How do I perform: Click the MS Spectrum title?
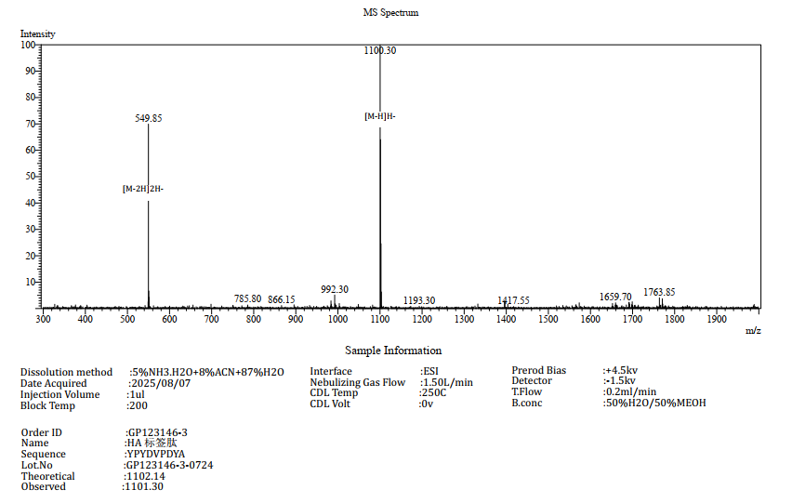coord(390,13)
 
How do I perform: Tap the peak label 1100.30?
coord(380,50)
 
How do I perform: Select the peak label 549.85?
coord(149,118)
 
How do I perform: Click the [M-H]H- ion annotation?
coord(380,116)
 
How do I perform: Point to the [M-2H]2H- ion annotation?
coord(143,189)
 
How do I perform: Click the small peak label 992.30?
coord(335,289)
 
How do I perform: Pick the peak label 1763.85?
coord(659,292)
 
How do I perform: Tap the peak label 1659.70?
coord(615,297)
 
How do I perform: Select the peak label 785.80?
coord(247,298)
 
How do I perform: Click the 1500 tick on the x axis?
coord(548,320)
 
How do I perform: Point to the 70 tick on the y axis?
coord(30,124)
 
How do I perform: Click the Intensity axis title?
coord(38,34)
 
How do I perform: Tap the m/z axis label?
coord(753,330)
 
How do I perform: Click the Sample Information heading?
coord(393,351)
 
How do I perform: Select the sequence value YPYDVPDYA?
coord(156,455)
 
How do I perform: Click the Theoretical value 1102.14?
coord(145,476)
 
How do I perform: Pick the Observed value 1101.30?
coord(144,486)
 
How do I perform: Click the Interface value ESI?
coord(430,372)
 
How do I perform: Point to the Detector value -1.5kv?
coord(621,380)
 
